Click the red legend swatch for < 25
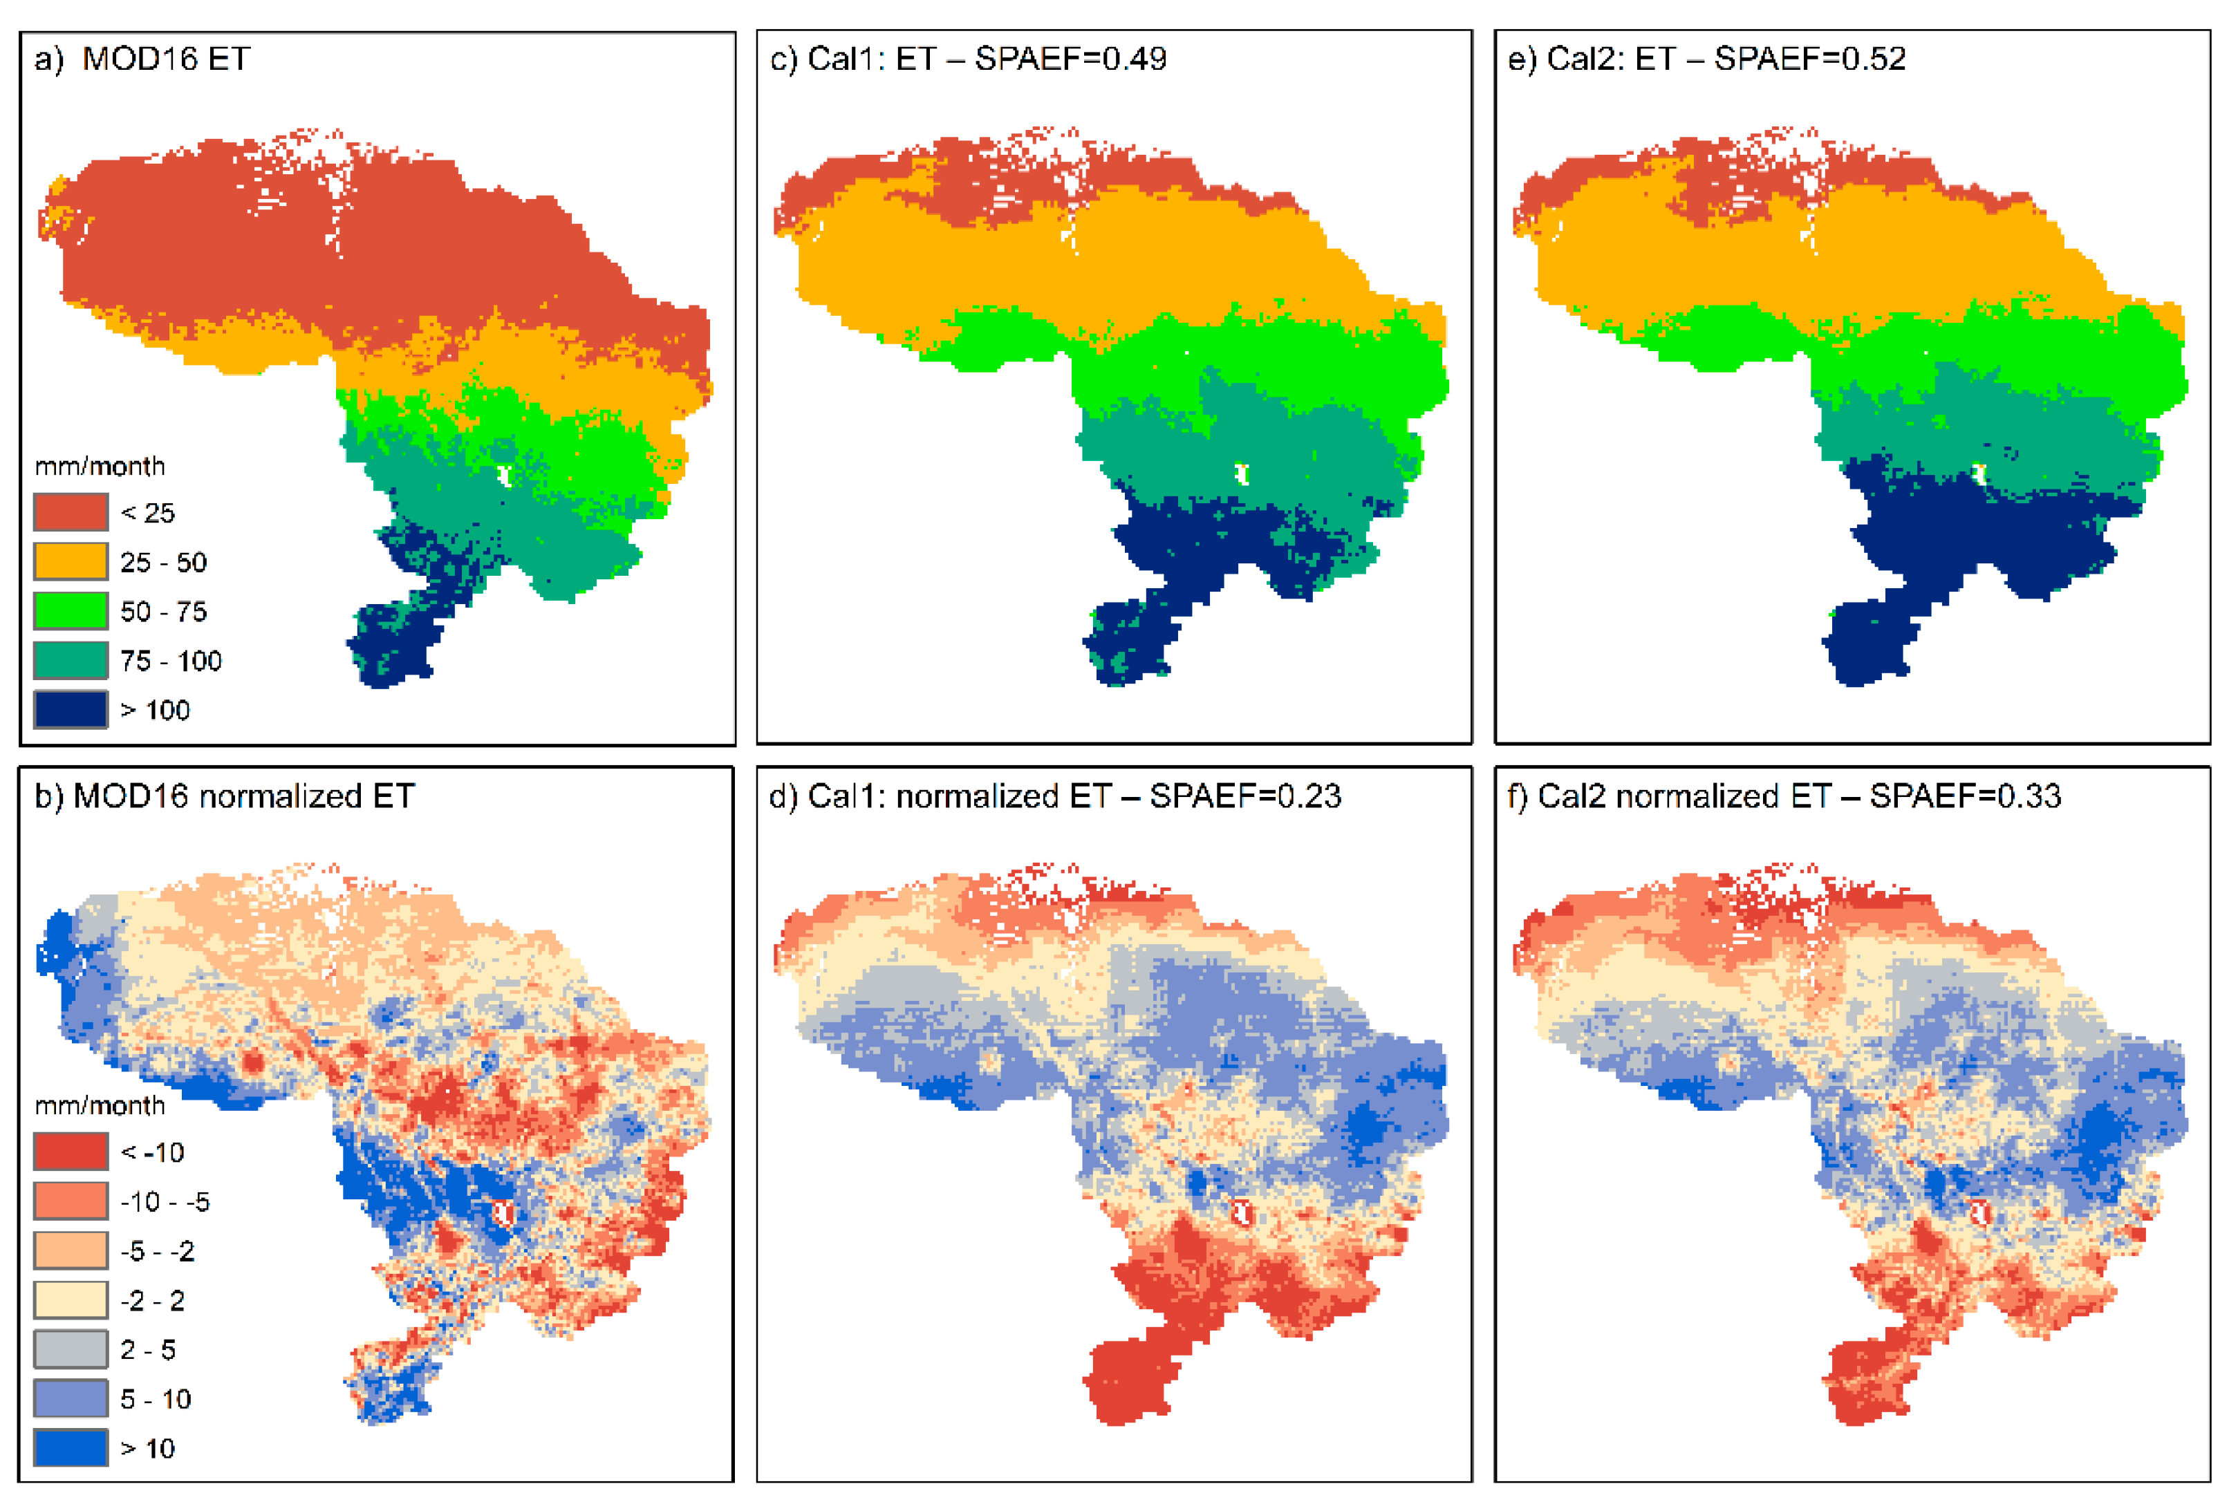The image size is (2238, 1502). [70, 512]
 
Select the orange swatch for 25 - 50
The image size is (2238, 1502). [70, 561]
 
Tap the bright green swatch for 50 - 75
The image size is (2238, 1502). [70, 611]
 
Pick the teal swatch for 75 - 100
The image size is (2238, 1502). [70, 660]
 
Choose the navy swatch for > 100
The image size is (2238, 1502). [70, 710]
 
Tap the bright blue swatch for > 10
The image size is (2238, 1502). [70, 1448]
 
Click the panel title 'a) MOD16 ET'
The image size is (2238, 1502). [142, 59]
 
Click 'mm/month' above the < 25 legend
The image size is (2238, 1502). [100, 467]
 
